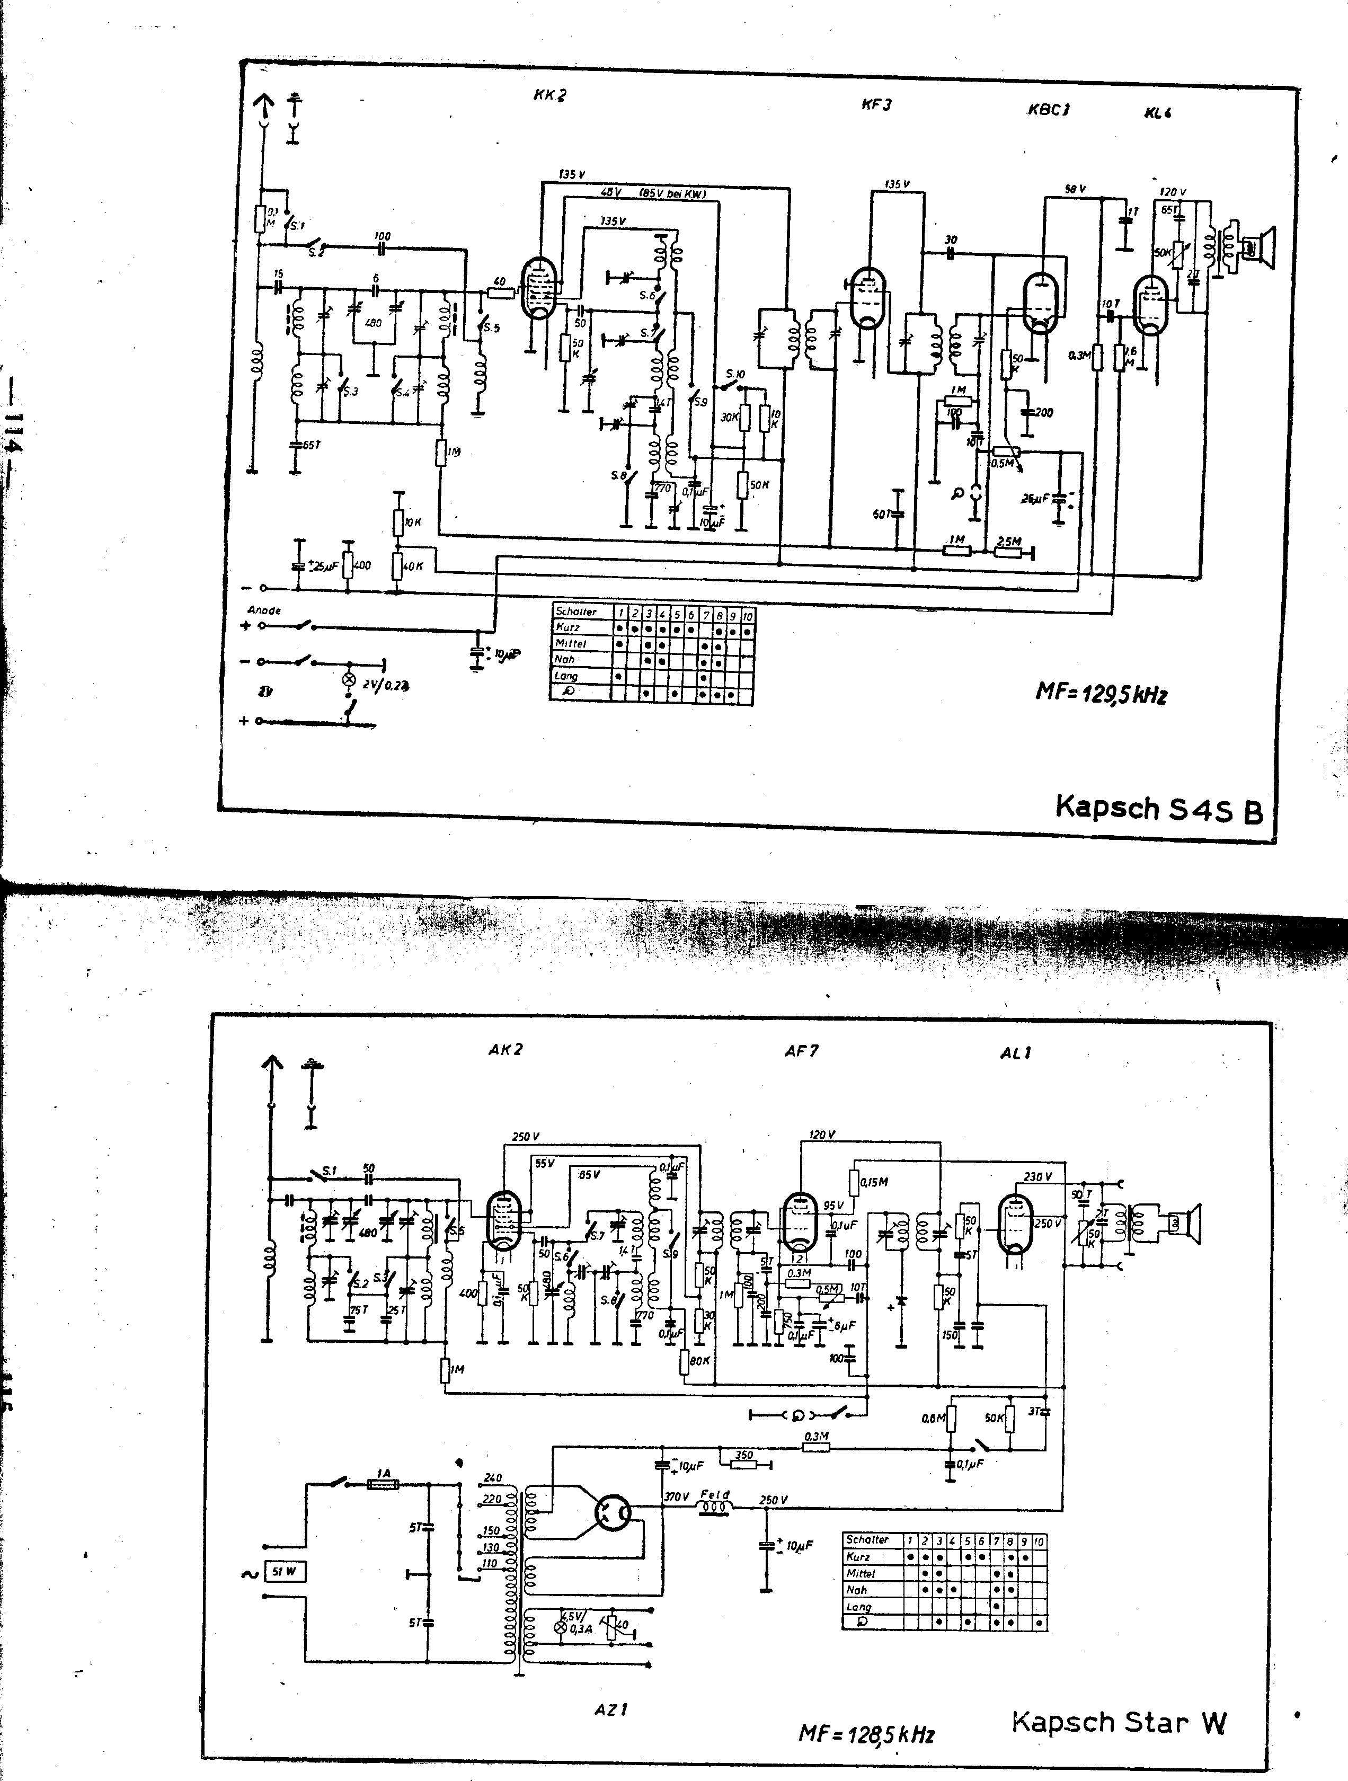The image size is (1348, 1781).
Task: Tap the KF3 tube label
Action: point(876,105)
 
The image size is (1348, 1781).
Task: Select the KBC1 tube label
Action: point(1048,110)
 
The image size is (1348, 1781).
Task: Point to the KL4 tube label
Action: point(1157,113)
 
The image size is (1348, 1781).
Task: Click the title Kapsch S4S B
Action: point(1158,809)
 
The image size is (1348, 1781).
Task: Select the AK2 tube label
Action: point(506,1049)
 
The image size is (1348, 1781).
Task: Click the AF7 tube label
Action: point(801,1051)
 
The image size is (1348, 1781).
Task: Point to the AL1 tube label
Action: point(1015,1052)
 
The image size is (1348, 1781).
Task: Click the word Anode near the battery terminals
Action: point(264,610)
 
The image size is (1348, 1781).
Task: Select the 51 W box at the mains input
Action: point(285,1572)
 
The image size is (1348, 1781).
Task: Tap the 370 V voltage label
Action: point(677,1497)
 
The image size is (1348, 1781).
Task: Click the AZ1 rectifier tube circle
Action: point(614,1514)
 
